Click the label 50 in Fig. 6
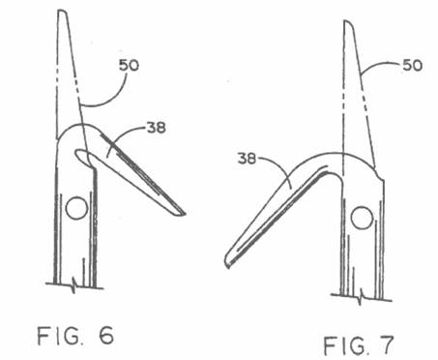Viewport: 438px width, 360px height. pos(129,66)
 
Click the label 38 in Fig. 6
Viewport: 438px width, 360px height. pos(157,128)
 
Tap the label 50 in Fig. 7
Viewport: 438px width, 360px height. pos(412,66)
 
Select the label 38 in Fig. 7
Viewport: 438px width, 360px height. pos(247,159)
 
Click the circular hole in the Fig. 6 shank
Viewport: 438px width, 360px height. pos(76,208)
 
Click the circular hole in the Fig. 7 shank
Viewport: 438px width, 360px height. pos(362,218)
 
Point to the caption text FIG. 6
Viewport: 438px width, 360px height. pos(75,336)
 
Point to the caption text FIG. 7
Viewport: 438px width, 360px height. pos(359,345)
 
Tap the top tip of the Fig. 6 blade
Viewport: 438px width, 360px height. pos(61,11)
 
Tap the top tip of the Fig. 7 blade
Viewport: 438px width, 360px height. pos(346,21)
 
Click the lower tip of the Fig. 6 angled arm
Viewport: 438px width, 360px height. pos(185,214)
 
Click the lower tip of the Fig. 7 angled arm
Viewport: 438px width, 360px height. pos(227,265)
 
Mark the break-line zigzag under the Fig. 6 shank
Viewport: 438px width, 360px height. pos(74,285)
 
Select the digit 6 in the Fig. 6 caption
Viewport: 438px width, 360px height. pos(106,336)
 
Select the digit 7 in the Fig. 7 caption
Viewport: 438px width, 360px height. pos(387,345)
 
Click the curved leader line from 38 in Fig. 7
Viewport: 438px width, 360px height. pos(277,168)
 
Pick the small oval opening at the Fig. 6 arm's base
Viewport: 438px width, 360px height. pos(82,156)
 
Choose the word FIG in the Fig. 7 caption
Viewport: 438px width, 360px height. pos(342,345)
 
